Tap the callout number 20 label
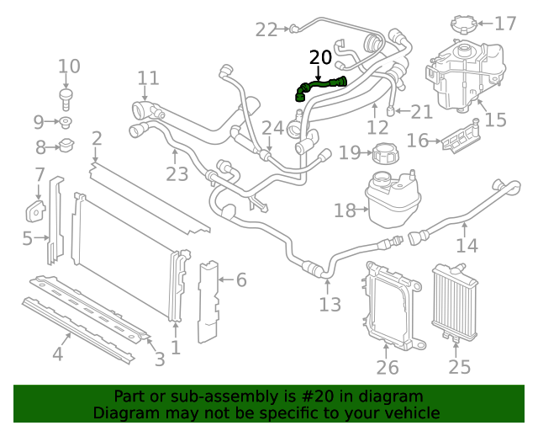[320, 57]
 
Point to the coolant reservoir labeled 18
[393, 200]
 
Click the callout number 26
[388, 366]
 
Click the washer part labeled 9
[66, 123]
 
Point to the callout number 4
[57, 354]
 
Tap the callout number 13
[330, 304]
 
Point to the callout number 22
[266, 29]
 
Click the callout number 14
[467, 245]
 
